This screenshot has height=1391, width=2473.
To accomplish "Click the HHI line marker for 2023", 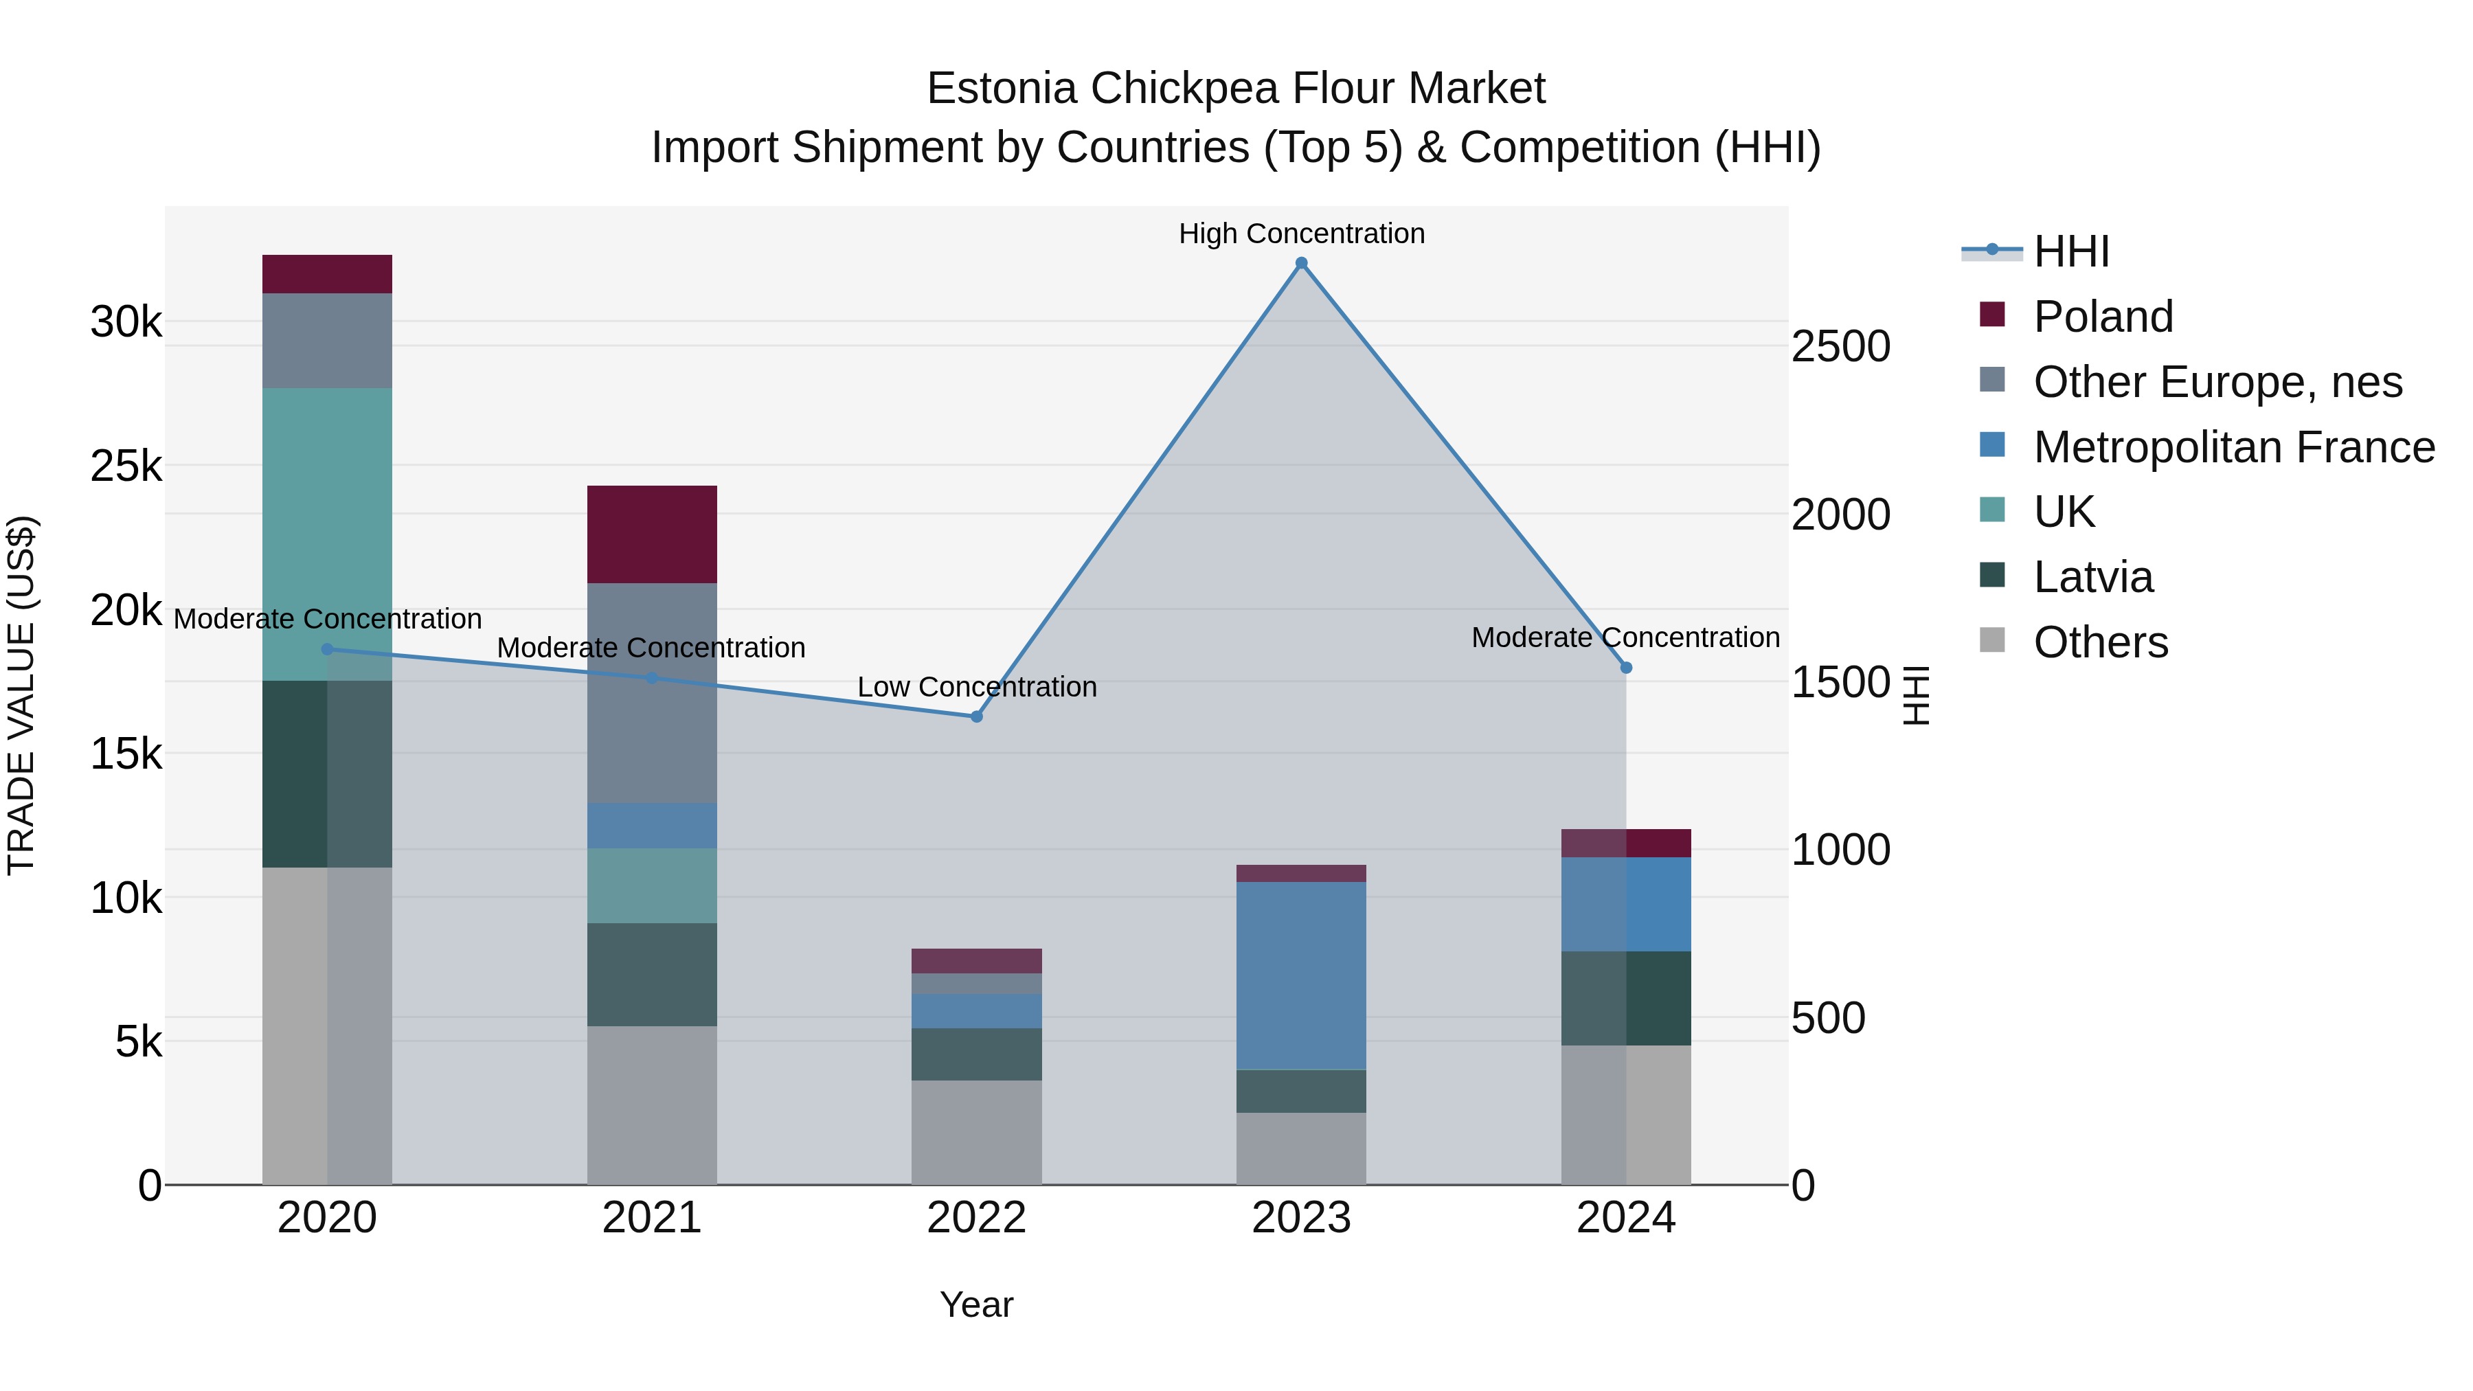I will [1301, 263].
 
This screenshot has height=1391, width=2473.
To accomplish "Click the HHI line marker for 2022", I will [976, 716].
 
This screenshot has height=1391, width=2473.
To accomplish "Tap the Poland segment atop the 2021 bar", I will [652, 534].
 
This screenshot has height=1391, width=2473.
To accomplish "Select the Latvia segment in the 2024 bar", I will [1625, 997].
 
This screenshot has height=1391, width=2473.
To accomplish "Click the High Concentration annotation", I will [1301, 234].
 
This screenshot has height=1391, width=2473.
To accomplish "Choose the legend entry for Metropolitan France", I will [2233, 447].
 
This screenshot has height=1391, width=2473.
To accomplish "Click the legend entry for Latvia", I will [2093, 577].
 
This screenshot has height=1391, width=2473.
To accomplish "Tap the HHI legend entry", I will [2070, 251].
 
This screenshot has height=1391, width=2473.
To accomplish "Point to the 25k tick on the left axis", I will [126, 466].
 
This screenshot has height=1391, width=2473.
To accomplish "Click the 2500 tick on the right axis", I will [1840, 347].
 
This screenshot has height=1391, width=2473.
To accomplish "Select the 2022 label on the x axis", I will [976, 1218].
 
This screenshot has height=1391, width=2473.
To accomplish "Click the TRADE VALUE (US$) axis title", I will [22, 695].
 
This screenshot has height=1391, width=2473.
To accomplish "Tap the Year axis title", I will [976, 1304].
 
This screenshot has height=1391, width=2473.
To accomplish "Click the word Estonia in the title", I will [1002, 89].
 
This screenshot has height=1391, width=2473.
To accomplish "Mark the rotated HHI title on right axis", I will [1915, 695].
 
